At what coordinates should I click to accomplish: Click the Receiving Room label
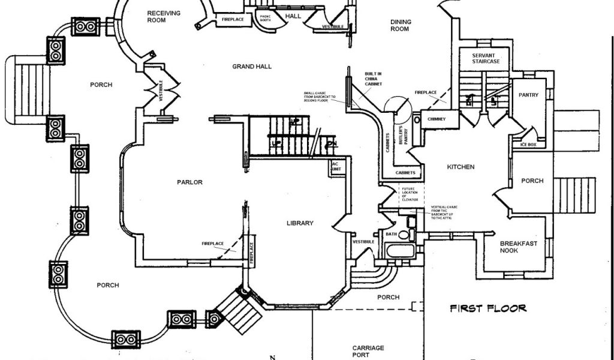pyautogui.click(x=164, y=17)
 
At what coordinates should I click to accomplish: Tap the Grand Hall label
pyautogui.click(x=252, y=67)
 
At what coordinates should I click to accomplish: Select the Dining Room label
pyautogui.click(x=401, y=25)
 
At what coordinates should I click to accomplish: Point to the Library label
pyautogui.click(x=300, y=223)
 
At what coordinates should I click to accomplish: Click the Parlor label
pyautogui.click(x=189, y=182)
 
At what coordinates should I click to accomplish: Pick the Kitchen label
pyautogui.click(x=461, y=167)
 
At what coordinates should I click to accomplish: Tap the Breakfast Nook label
pyautogui.click(x=519, y=247)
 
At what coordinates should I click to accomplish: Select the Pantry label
pyautogui.click(x=528, y=95)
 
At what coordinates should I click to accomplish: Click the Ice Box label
pyautogui.click(x=520, y=145)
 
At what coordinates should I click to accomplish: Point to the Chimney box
pyautogui.click(x=437, y=119)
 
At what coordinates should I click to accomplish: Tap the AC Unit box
pyautogui.click(x=335, y=167)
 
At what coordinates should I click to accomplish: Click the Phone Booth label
pyautogui.click(x=264, y=18)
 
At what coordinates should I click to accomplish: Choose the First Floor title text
pyautogui.click(x=488, y=308)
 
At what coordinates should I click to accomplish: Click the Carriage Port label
pyautogui.click(x=368, y=351)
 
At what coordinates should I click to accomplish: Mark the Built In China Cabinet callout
pyautogui.click(x=373, y=79)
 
